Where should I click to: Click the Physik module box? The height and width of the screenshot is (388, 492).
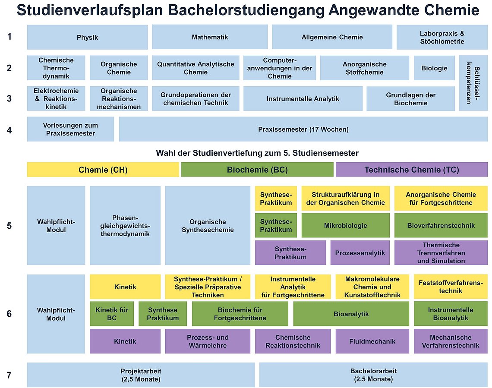click(x=87, y=37)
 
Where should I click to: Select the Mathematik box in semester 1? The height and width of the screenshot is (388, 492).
click(x=210, y=37)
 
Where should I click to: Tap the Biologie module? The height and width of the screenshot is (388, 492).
click(x=434, y=68)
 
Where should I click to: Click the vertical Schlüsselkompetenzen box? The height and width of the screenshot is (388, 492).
click(x=473, y=83)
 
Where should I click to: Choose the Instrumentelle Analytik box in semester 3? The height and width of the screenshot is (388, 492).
click(x=303, y=99)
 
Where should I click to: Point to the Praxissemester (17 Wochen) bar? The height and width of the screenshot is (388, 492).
click(x=303, y=129)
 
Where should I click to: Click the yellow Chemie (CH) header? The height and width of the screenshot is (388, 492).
click(x=103, y=170)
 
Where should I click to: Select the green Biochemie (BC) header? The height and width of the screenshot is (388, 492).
click(x=257, y=170)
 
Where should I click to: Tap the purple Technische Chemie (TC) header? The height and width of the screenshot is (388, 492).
click(x=412, y=170)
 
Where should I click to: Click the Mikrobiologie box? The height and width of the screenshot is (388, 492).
click(x=345, y=226)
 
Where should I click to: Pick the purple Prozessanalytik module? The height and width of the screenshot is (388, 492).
click(x=360, y=253)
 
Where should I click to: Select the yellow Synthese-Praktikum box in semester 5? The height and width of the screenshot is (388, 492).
click(x=276, y=199)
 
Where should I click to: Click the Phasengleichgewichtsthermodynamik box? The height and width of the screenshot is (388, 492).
click(x=125, y=226)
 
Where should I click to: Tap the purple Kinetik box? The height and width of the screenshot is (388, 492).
click(x=125, y=341)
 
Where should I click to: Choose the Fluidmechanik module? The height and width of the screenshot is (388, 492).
click(x=372, y=341)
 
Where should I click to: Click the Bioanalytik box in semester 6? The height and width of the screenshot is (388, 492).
click(x=351, y=314)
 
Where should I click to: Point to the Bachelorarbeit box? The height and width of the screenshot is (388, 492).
click(x=373, y=375)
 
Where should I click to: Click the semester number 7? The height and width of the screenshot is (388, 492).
click(x=9, y=375)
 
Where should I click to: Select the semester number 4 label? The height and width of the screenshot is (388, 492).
click(x=9, y=130)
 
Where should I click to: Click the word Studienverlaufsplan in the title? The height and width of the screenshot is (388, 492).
click(x=90, y=10)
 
